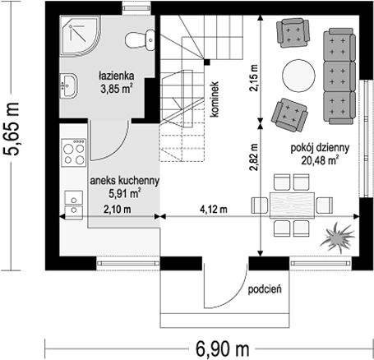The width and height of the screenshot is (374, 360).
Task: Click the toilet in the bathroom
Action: (140, 40)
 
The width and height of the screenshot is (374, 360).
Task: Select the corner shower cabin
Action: (80, 35)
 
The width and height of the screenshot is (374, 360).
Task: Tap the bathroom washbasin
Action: (68, 85)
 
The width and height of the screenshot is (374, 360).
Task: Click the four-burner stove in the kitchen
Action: (73, 153)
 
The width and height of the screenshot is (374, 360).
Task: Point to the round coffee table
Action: (298, 76)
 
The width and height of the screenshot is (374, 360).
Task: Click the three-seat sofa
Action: (339, 76)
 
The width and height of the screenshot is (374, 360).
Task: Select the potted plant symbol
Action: (337, 238)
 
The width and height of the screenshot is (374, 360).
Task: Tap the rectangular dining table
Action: (292, 205)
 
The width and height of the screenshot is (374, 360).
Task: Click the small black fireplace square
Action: (207, 62)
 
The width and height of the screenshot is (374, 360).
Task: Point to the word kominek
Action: (215, 99)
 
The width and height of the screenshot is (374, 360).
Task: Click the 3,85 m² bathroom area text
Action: (116, 89)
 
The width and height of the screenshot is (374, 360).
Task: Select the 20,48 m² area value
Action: (319, 160)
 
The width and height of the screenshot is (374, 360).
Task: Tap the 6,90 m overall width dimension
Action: (222, 349)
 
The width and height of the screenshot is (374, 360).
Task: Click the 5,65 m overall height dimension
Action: (12, 129)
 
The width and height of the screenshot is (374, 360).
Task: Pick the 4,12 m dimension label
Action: (214, 210)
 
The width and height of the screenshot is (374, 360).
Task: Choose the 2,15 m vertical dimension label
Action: (254, 77)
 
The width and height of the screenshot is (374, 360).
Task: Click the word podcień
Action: (265, 289)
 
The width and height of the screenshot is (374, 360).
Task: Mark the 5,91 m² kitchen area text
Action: (125, 194)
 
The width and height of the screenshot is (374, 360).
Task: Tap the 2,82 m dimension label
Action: (254, 157)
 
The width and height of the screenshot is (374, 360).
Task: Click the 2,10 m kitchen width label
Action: (117, 210)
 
